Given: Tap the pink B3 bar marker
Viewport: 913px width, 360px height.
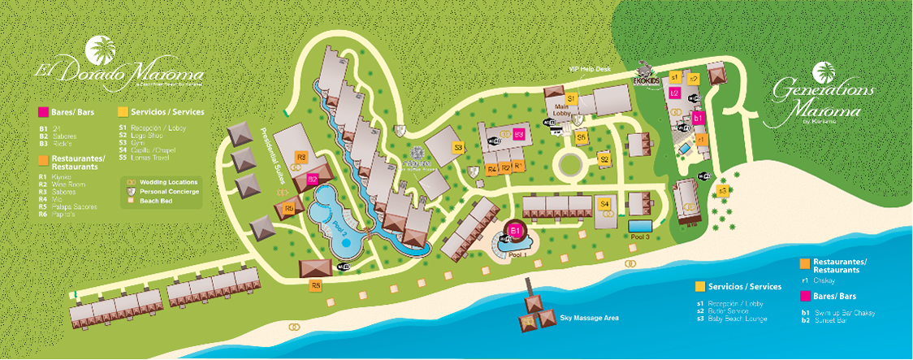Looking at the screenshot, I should point(518,134).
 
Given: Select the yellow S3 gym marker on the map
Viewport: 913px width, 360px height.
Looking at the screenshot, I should point(458,147).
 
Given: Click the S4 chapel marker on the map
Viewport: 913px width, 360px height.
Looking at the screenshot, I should point(604,204).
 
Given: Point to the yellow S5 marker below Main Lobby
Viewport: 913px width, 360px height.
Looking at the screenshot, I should point(582,137).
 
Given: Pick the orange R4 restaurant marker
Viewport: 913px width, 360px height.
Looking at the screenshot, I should point(491,169).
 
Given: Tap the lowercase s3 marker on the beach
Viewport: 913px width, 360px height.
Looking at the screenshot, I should point(723,191).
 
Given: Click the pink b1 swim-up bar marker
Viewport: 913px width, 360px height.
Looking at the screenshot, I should point(697,118).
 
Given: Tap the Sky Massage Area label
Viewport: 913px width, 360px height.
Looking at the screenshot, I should point(589,318).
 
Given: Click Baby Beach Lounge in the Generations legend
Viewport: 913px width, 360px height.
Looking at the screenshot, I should point(738,319).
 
